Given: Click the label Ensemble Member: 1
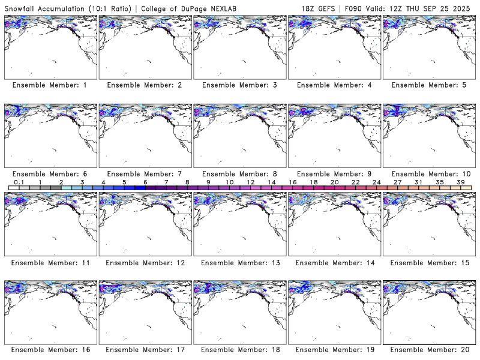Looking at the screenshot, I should [x=50, y=85].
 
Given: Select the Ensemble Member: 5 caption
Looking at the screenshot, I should [x=429, y=85].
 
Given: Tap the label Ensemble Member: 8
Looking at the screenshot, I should [x=239, y=173].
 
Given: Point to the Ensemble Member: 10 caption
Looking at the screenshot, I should [x=429, y=173].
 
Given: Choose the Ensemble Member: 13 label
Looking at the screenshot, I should [x=239, y=262].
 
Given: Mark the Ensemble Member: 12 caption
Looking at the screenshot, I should [x=145, y=262].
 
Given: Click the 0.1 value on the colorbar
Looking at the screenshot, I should [x=19, y=182].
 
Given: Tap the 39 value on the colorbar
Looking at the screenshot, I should [x=460, y=182].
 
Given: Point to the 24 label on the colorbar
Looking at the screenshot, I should [x=376, y=182].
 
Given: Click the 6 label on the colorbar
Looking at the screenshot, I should [x=145, y=182].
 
